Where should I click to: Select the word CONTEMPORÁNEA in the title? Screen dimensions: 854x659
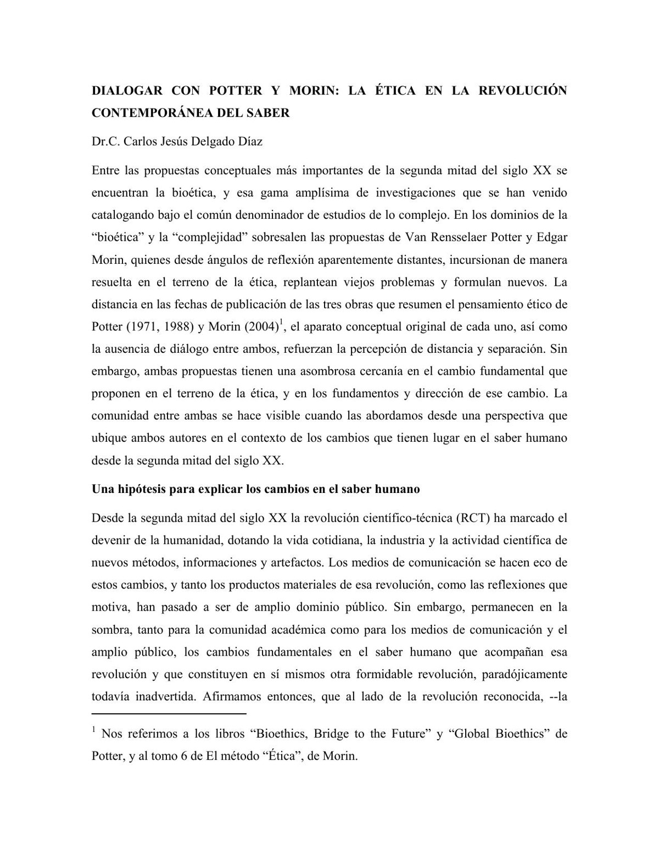[x=147, y=113]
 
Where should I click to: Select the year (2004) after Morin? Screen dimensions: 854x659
[x=260, y=327]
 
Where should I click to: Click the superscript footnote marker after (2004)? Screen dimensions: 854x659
[x=281, y=322]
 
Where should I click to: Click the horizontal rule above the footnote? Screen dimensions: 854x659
[x=169, y=714]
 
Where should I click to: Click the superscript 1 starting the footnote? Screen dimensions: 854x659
[x=94, y=730]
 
